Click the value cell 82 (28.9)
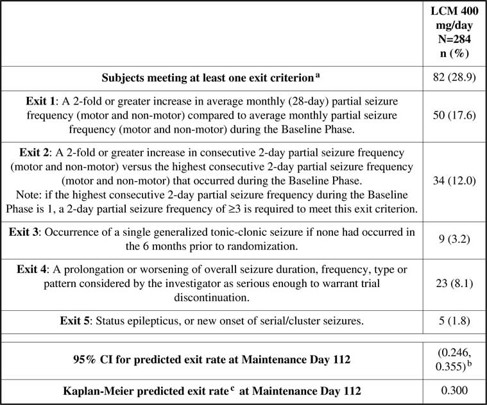pyautogui.click(x=454, y=78)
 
